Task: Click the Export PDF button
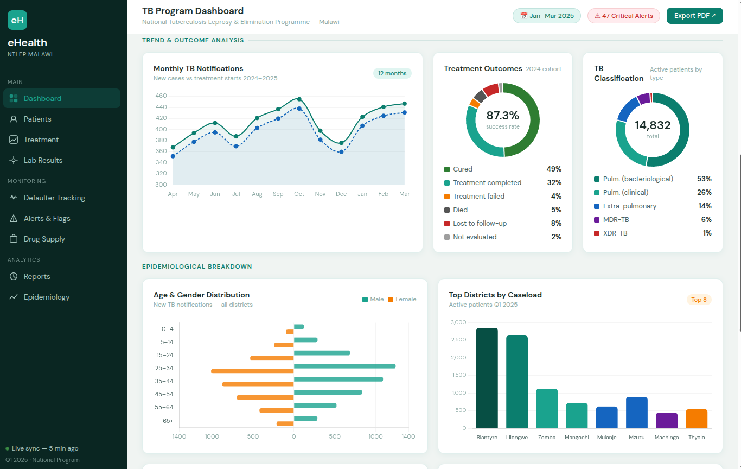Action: pos(694,16)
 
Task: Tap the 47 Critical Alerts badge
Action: pos(624,16)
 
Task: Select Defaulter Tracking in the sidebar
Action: pos(54,198)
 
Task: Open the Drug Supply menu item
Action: pos(44,239)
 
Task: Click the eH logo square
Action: pos(17,20)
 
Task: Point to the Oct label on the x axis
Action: pos(299,194)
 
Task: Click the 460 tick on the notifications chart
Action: pos(161,96)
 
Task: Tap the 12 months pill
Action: pos(392,73)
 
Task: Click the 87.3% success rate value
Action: pos(502,116)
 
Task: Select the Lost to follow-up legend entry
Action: pos(480,223)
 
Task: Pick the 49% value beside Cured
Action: pos(554,169)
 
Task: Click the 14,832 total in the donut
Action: pos(653,125)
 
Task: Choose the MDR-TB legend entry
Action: pos(616,219)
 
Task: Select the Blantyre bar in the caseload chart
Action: pos(487,378)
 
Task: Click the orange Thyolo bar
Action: pos(697,419)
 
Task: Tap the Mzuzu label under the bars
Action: pos(636,437)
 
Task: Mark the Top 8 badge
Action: pos(699,300)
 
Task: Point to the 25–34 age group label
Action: pos(164,368)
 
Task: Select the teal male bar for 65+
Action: pos(305,419)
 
